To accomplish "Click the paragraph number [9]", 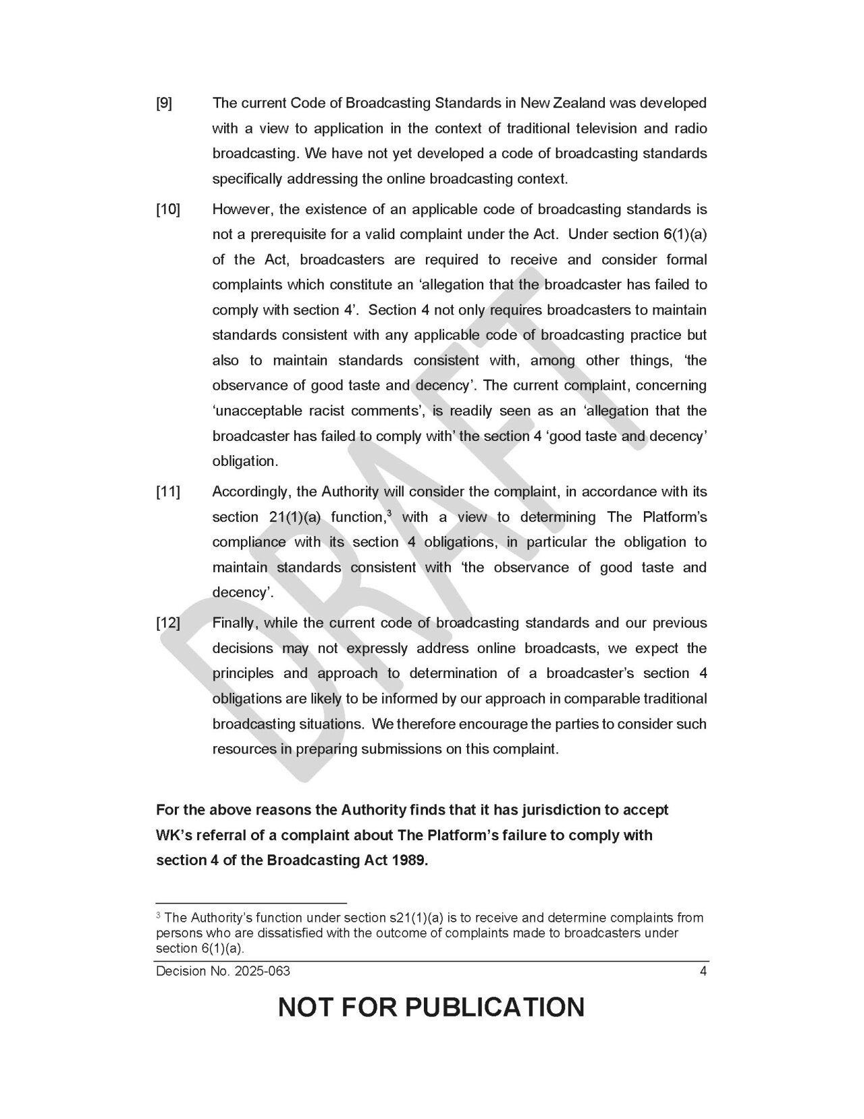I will pos(164,103).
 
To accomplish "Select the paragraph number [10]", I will pos(168,209).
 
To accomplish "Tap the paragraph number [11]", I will pos(168,492).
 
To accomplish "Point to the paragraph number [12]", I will pos(168,623).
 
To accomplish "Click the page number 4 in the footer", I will pos(703,972).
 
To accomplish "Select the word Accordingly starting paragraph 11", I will pos(250,492).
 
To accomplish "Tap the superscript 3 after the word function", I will pos(389,513).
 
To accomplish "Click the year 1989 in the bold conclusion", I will pos(410,860).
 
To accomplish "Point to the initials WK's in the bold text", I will pos(174,835).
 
